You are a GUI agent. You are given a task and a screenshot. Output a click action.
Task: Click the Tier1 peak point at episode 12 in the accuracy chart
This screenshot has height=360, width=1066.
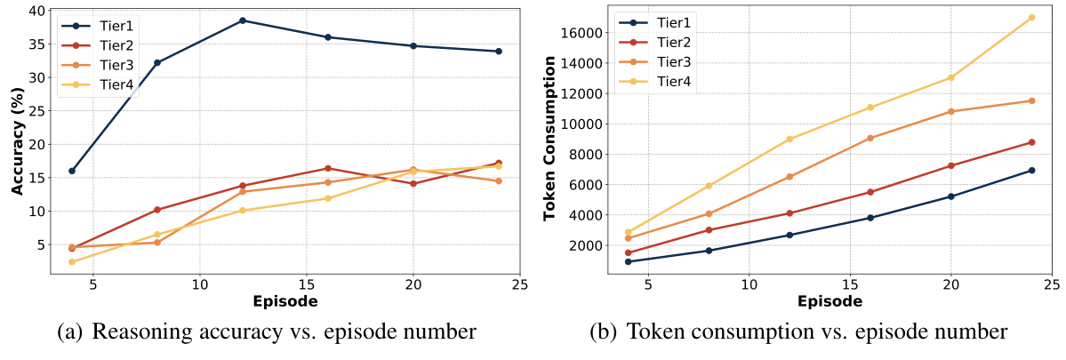tap(243, 20)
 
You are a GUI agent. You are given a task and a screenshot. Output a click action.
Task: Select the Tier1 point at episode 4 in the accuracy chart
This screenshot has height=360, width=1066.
tap(72, 171)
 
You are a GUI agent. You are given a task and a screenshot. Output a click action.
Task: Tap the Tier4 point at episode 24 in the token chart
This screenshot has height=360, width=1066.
tap(1031, 17)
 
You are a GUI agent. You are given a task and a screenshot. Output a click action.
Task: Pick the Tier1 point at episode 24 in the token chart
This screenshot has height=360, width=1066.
tap(1031, 170)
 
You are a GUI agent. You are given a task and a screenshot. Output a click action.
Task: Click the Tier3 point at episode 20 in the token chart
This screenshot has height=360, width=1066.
tap(950, 111)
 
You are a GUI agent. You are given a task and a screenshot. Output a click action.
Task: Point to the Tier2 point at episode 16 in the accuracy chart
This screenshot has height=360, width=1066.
tap(328, 168)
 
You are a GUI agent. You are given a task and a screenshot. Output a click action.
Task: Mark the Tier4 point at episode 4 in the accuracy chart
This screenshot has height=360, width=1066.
tap(72, 261)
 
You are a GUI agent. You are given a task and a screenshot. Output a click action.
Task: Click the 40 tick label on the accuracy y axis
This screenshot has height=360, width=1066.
tap(36, 11)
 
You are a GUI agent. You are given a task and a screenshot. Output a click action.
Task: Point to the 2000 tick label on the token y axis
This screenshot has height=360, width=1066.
tap(581, 245)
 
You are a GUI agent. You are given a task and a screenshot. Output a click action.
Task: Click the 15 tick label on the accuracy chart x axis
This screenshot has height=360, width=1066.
tap(307, 285)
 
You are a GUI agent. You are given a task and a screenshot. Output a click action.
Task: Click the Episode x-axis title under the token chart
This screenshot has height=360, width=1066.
tap(830, 300)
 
